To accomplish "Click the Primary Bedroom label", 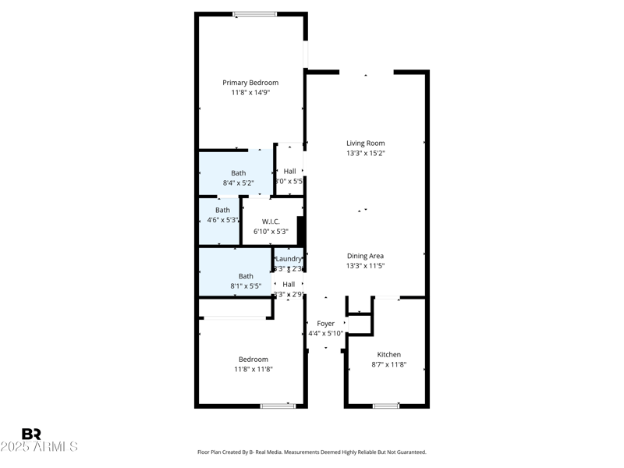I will [250, 83].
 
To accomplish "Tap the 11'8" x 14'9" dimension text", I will [250, 93].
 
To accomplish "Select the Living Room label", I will [366, 144].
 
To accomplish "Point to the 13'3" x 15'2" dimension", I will [366, 154].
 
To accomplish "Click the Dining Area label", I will [365, 256].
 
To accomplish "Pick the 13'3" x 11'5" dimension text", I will [365, 266].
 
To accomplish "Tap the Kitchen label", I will [388, 355].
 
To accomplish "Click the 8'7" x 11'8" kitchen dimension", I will [388, 365].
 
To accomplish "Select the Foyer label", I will [325, 324].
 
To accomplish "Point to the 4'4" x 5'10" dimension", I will [325, 334].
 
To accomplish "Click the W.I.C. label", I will [271, 222].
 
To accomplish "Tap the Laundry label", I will [289, 259].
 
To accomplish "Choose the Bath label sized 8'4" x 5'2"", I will [238, 173].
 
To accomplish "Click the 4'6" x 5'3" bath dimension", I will [222, 220].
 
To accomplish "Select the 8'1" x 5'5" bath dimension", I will [246, 286].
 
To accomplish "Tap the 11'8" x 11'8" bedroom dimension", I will [253, 370].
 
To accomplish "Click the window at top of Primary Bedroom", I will [254, 14].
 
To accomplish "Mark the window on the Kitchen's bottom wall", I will [386, 406].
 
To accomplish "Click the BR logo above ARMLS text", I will [31, 434].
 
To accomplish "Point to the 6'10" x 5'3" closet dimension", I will [271, 232].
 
